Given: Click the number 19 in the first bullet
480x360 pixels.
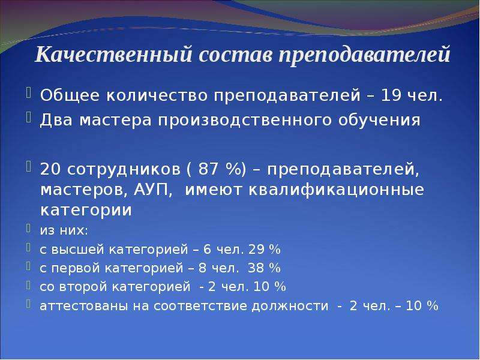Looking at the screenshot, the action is (391, 95).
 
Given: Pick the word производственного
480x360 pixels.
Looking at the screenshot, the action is (245, 121).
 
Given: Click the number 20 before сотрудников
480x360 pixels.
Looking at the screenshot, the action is (50, 169).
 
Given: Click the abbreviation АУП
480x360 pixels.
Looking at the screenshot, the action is (151, 190).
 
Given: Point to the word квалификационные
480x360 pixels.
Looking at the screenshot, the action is (336, 190).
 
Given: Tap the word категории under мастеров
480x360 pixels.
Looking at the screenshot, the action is (86, 211).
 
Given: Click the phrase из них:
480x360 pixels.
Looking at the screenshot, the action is (64, 230).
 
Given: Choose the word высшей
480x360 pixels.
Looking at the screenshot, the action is (78, 250).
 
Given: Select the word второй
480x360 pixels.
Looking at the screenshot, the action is (83, 287).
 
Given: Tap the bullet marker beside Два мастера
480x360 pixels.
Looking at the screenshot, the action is (29, 118).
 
